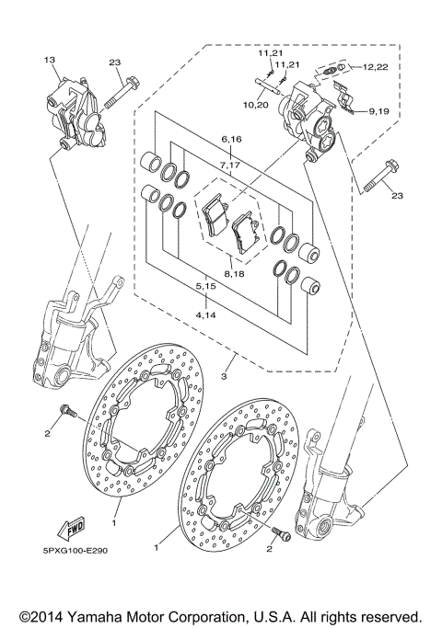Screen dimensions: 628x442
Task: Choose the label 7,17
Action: click(x=230, y=165)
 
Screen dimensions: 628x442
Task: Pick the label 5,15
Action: click(x=205, y=288)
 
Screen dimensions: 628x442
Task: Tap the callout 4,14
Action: click(x=205, y=315)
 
